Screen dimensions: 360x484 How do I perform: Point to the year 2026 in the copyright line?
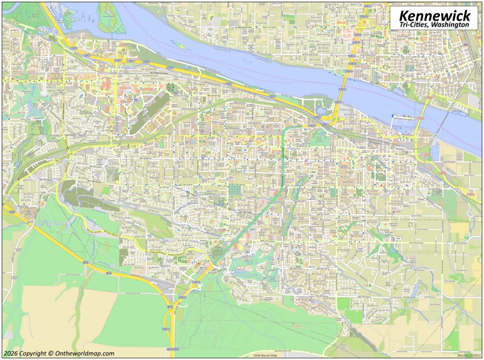10,353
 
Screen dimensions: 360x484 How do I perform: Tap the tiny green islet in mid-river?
177,43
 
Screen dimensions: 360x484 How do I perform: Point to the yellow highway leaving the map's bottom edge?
172,345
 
